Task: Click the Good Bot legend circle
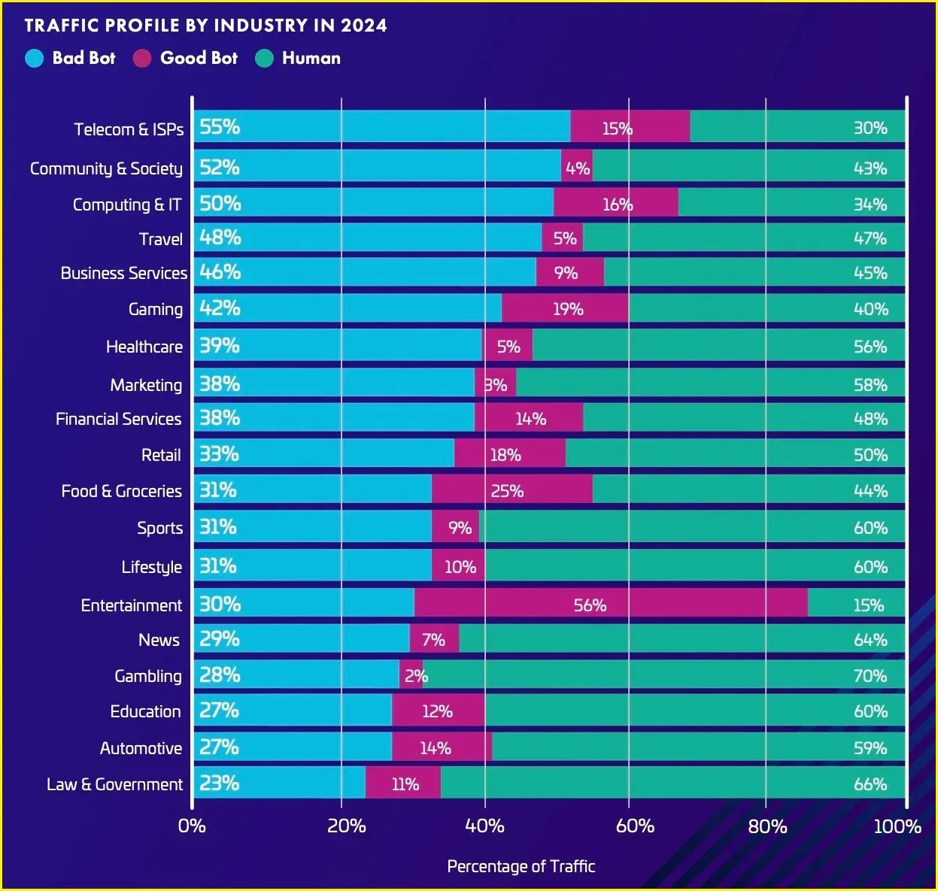tap(143, 58)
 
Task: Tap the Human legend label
tap(311, 58)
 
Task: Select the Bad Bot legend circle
tap(35, 58)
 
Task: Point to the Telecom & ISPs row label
tap(129, 129)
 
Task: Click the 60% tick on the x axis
tap(635, 826)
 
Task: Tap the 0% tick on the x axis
tap(192, 826)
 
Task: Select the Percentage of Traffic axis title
tap(521, 866)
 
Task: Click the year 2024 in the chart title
tap(364, 26)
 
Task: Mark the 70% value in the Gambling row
tap(870, 676)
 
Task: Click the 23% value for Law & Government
tap(219, 783)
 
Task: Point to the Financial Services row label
tap(118, 419)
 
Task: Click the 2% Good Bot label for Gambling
tap(415, 676)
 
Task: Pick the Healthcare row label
tap(144, 347)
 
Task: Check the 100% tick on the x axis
tap(897, 826)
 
